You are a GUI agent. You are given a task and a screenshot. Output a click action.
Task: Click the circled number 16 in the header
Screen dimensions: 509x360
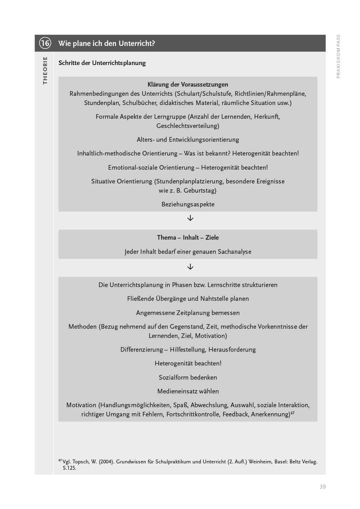(x=45, y=43)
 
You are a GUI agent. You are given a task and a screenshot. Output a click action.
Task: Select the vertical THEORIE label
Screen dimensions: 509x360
(x=45, y=70)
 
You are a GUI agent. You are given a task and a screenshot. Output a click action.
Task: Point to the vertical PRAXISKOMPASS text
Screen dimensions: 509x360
(x=338, y=57)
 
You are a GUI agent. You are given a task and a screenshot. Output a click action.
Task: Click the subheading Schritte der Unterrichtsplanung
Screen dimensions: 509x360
(x=102, y=63)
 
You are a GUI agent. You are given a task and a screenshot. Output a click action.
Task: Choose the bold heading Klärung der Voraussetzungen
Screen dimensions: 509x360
(x=188, y=84)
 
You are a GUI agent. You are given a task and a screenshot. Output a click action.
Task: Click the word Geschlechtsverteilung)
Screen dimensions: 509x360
(x=188, y=126)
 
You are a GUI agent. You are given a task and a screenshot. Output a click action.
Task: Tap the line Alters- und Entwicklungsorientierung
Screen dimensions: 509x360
(x=188, y=140)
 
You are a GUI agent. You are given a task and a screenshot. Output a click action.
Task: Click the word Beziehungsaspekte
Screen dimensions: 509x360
(x=188, y=204)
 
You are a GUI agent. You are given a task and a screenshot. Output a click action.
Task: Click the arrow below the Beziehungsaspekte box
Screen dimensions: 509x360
(x=190, y=218)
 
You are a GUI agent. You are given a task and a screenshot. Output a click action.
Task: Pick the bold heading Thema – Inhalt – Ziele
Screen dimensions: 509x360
(x=188, y=238)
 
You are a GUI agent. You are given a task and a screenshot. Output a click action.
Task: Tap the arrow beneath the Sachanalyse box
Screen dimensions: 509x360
(x=190, y=267)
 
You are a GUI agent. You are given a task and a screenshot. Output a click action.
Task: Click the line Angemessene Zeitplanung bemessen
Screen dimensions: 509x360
(x=188, y=313)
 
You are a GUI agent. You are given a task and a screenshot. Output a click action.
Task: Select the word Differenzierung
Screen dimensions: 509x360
(x=141, y=350)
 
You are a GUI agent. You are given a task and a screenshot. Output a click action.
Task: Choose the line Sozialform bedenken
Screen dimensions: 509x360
(x=188, y=378)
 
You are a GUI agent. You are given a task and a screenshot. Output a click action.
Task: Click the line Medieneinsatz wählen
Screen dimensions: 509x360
(x=188, y=391)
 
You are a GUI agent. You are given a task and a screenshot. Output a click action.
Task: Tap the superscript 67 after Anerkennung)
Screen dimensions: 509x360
(x=292, y=412)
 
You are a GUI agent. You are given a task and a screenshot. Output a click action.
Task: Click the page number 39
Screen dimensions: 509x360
(x=323, y=487)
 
